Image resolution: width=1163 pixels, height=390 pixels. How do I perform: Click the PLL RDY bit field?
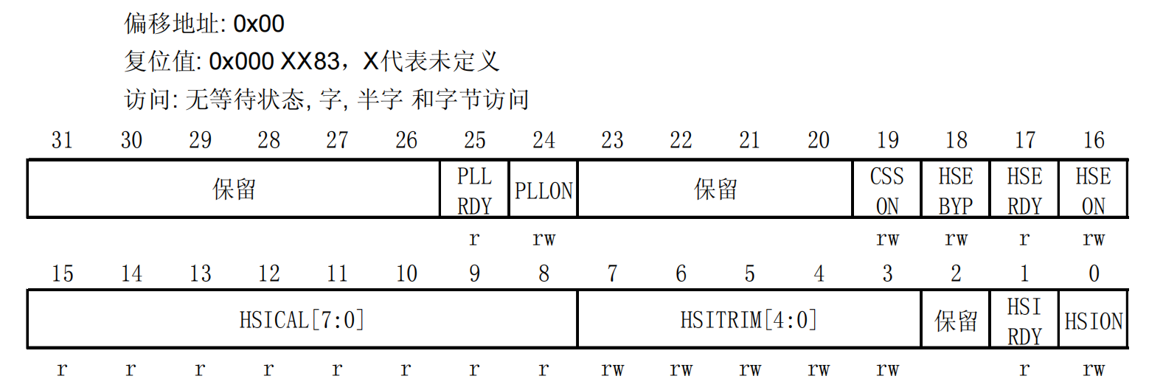pyautogui.click(x=474, y=190)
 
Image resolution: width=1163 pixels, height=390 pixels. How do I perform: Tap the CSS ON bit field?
pyautogui.click(x=886, y=190)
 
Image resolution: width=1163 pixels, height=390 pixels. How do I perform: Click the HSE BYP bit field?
pyautogui.click(x=956, y=190)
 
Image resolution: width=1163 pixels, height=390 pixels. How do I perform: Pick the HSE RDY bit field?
pyautogui.click(x=1024, y=190)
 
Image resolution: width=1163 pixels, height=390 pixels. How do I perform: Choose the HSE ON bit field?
pyautogui.click(x=1093, y=190)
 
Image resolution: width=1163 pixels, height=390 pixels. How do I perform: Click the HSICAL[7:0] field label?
pyautogui.click(x=302, y=320)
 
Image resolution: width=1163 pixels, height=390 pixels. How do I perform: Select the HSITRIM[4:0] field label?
pyautogui.click(x=749, y=320)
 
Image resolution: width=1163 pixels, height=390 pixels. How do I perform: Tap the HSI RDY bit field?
pyautogui.click(x=1024, y=321)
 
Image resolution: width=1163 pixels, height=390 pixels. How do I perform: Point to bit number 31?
pyautogui.click(x=62, y=140)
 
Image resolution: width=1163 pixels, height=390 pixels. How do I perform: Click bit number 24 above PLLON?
pyautogui.click(x=544, y=140)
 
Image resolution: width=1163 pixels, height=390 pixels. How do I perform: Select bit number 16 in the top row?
pyautogui.click(x=1094, y=140)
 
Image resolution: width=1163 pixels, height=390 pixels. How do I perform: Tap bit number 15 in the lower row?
pyautogui.click(x=62, y=274)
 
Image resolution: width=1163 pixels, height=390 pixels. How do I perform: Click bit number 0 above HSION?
pyautogui.click(x=1094, y=274)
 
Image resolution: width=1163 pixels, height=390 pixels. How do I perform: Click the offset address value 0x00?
pyautogui.click(x=259, y=24)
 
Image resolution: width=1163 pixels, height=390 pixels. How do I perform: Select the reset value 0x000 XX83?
pyautogui.click(x=274, y=61)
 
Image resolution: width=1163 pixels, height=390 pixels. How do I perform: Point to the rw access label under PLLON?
pyautogui.click(x=544, y=239)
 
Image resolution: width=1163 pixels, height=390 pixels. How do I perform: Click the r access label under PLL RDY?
pyautogui.click(x=474, y=239)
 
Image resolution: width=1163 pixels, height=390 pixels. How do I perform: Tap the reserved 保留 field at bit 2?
pyautogui.click(x=956, y=321)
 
